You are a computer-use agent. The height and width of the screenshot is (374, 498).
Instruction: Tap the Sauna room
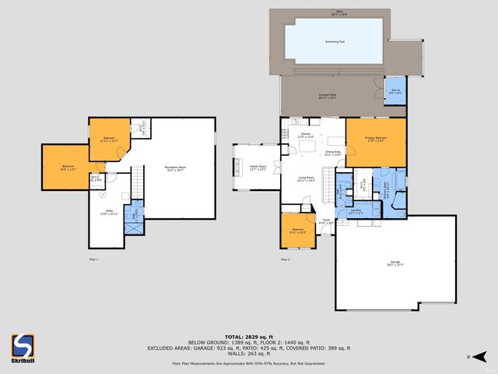click(395, 92)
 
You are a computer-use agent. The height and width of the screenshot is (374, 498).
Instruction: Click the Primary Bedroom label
click(376, 139)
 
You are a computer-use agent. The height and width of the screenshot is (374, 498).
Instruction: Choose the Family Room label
click(258, 167)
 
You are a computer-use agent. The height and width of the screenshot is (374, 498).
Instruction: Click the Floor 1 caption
click(93, 259)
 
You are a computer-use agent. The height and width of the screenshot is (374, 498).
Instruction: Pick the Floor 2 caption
click(285, 259)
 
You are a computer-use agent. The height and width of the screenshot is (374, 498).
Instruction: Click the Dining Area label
click(333, 154)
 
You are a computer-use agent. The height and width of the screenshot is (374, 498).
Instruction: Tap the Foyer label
click(326, 222)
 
